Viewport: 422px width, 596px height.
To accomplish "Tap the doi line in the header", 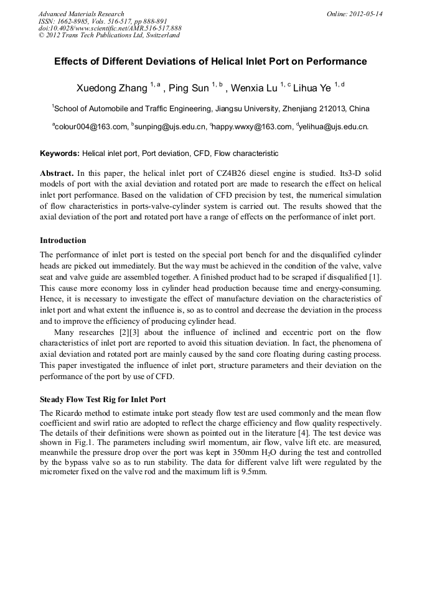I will click(110, 28).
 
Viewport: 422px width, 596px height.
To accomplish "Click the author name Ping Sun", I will click(189, 88).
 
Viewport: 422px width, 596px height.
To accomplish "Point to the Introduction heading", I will click(63, 240).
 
